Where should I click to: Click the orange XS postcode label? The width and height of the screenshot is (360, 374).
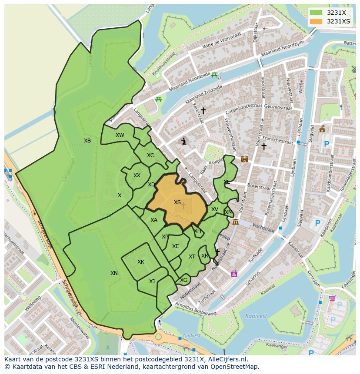[x=177, y=202]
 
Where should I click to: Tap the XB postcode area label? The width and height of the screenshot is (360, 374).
[x=87, y=141]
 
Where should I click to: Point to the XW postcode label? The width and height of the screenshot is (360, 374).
[x=120, y=135]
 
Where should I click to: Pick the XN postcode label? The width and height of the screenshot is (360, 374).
[x=114, y=273]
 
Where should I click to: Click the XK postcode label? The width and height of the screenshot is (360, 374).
[x=141, y=262]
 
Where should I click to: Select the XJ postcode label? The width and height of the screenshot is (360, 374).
[x=152, y=281]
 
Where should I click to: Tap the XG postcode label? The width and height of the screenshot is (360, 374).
[x=183, y=280]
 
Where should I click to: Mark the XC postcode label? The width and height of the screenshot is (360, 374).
[x=150, y=156]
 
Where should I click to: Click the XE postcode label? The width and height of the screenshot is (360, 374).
[x=176, y=246]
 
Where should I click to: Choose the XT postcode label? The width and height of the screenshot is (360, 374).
[x=192, y=257]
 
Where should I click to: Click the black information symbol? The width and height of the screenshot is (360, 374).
[x=184, y=141]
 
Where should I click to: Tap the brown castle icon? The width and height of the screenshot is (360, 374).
[x=244, y=159]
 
